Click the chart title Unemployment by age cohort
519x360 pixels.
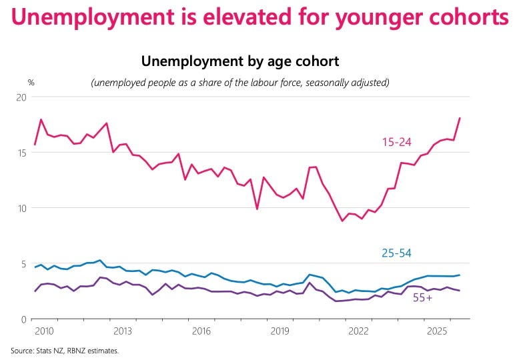[x=240, y=61]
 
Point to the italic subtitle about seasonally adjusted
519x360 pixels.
[x=240, y=83]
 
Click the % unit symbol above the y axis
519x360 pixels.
[x=31, y=83]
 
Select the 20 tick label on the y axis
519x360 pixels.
[x=21, y=97]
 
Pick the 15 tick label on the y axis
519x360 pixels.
[x=21, y=153]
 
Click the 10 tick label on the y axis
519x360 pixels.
[x=21, y=209]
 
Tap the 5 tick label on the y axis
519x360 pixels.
[x=23, y=264]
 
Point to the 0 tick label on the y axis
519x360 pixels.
[x=23, y=319]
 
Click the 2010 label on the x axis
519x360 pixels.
[x=44, y=331]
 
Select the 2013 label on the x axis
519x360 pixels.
[x=123, y=331]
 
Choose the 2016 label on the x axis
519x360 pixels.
[x=201, y=331]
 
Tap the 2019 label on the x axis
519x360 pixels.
[x=280, y=331]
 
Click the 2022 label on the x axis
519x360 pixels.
[x=358, y=331]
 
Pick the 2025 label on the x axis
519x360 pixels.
[x=437, y=331]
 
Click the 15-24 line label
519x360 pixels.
[x=396, y=142]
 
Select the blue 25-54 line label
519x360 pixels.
[x=396, y=253]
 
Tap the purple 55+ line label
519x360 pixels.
[x=422, y=298]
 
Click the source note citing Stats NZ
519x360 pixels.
[x=65, y=351]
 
